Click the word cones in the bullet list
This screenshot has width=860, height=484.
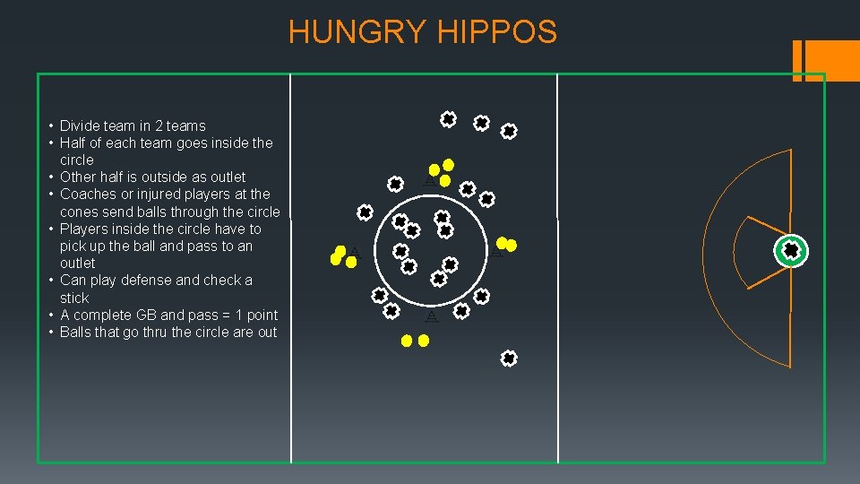(78, 212)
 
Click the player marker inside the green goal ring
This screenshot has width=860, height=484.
(791, 251)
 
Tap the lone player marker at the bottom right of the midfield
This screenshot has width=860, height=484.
(508, 359)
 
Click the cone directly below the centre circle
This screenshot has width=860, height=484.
(432, 317)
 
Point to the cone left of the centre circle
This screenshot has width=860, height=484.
(355, 252)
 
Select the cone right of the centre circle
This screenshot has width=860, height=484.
(495, 253)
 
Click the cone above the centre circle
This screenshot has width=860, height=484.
(429, 181)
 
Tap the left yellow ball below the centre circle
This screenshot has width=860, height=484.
(407, 341)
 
